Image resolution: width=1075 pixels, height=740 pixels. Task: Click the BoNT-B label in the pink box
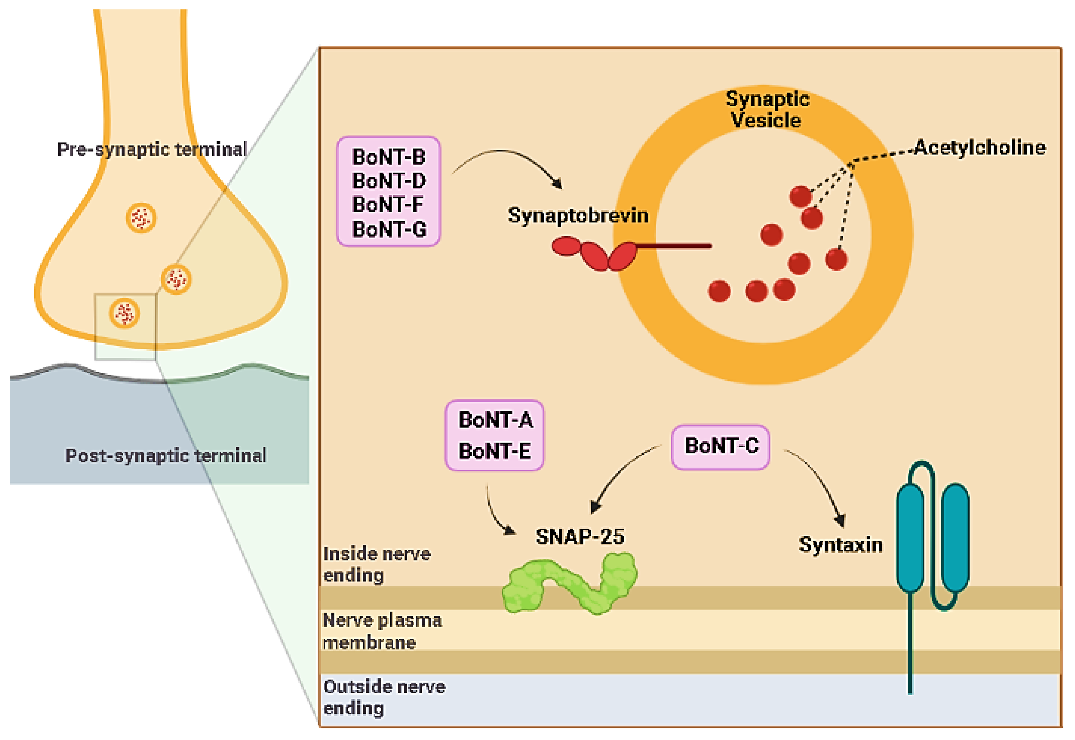(388, 157)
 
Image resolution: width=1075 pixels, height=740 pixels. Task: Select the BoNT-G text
(389, 229)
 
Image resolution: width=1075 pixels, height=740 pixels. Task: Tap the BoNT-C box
(720, 447)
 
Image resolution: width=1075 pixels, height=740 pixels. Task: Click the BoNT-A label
(495, 420)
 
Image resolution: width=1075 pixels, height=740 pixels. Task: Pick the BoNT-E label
(494, 451)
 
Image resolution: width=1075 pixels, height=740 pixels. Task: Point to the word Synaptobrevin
(578, 216)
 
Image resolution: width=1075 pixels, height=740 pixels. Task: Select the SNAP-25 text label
(579, 537)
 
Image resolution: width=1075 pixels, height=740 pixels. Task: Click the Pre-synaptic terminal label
(152, 149)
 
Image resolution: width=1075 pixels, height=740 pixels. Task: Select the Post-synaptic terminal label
(165, 456)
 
